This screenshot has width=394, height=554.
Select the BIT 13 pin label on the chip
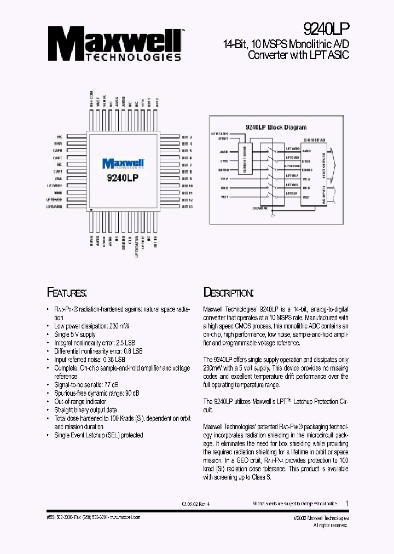pos(187,207)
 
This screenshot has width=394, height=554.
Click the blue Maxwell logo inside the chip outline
pos(122,163)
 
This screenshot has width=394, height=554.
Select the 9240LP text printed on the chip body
pos(122,178)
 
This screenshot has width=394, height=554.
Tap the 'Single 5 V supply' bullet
pos(74,334)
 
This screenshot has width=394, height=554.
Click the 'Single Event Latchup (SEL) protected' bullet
pos(99,435)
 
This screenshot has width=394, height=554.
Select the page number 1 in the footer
pos(347,503)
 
